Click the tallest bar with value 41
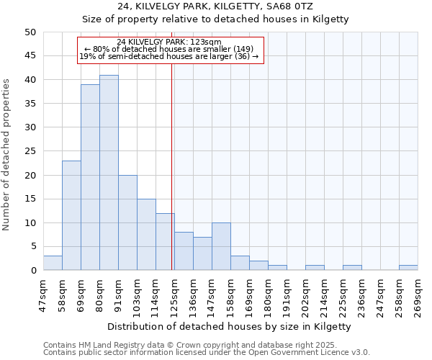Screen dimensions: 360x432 109,173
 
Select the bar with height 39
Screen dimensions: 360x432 90,177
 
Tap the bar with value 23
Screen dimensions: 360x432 71,215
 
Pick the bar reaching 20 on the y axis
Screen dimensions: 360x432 127,222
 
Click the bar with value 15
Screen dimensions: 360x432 146,235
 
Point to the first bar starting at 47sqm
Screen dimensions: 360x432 53,263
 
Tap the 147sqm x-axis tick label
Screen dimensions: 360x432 212,294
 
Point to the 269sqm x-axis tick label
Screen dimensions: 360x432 418,294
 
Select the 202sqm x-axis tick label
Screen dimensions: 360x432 306,294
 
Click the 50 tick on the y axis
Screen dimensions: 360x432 30,32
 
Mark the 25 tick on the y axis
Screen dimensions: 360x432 30,151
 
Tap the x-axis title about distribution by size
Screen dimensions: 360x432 230,326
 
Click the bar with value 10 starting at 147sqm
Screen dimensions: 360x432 221,246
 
